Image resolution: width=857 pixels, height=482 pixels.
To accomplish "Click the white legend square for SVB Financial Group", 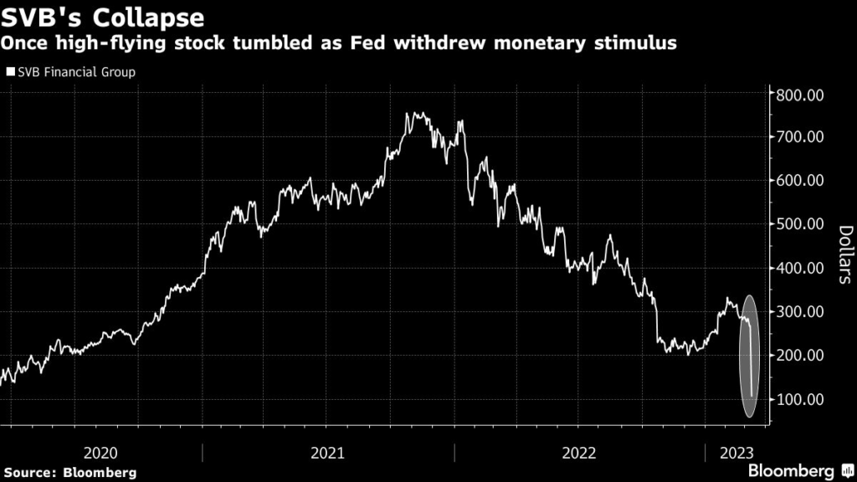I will click(9, 72).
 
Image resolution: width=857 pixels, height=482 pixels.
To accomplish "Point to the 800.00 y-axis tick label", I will click(801, 94).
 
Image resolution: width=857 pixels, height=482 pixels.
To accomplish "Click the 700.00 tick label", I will click(801, 136).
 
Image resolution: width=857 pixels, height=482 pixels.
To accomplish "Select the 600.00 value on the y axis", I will click(801, 180).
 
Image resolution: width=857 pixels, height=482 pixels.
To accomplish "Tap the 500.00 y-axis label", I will click(801, 224).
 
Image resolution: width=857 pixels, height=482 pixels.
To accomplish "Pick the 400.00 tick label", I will click(801, 268).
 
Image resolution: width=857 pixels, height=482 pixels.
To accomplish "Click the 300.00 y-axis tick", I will click(801, 311).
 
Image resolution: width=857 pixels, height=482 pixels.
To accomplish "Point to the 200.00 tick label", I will click(801, 356).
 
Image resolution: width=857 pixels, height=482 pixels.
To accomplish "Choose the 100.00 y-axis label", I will click(801, 399).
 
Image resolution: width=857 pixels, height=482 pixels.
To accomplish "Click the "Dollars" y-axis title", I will click(844, 254).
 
